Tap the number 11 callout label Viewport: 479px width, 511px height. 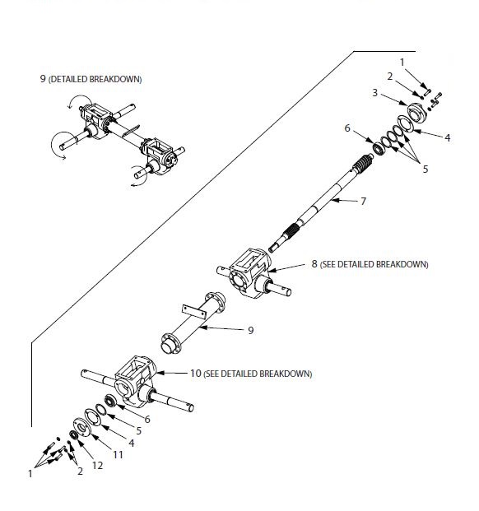coord(118,453)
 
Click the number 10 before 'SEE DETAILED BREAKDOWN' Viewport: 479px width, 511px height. coord(195,373)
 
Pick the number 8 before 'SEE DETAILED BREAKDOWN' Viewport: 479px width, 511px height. coord(314,264)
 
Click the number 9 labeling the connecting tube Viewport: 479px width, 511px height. coord(250,330)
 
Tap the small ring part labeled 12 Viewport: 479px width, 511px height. coord(74,434)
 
